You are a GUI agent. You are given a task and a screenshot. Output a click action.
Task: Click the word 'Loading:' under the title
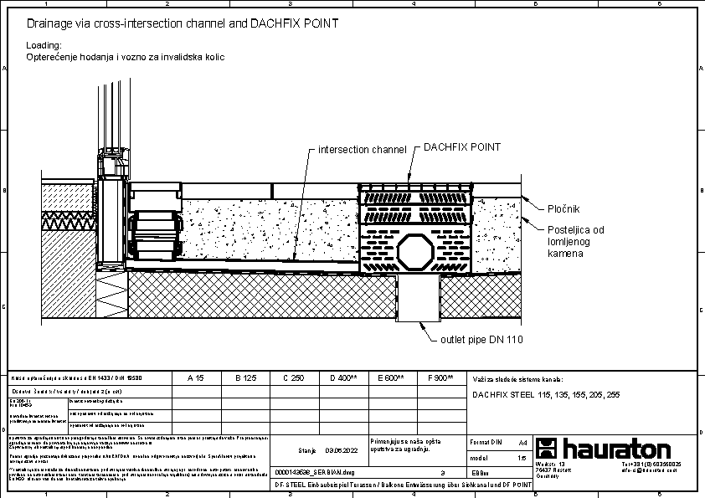coord(44,45)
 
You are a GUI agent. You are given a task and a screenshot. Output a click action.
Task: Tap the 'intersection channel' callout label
coord(362,150)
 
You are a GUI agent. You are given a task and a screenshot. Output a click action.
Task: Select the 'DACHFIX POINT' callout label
coord(462,147)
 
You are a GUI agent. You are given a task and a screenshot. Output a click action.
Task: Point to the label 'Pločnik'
coord(564,208)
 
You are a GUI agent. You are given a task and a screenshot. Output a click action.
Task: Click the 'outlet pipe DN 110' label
coord(481,340)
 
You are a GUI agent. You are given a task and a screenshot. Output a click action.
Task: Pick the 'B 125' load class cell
coord(244,378)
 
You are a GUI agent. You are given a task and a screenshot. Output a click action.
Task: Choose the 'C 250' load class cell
coord(293,378)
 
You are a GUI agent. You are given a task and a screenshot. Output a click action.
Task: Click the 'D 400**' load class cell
coord(343,378)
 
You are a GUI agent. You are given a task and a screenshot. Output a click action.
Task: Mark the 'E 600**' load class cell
coord(391,378)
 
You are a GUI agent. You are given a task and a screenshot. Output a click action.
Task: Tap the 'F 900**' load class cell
coord(440,378)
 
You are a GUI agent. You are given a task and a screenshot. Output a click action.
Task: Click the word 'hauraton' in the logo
coord(617,448)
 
